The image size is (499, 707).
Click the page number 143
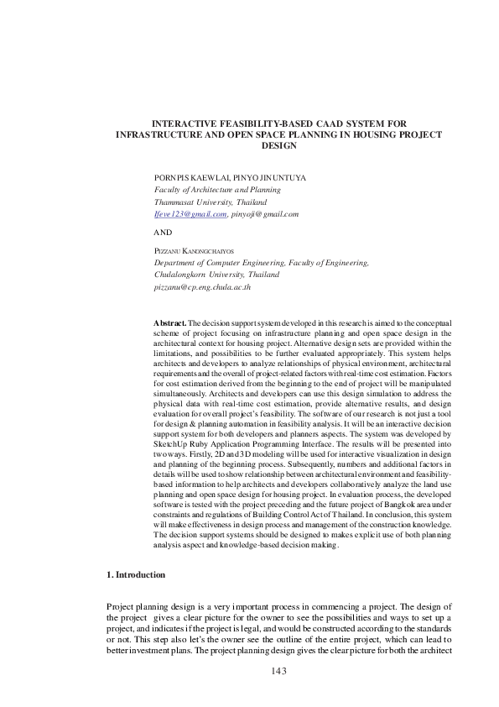(x=279, y=671)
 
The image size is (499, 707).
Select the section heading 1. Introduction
(x=136, y=574)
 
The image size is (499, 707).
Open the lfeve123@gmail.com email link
(x=190, y=214)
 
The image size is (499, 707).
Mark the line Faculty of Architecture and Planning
(x=217, y=191)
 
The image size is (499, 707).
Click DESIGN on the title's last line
(x=279, y=145)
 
